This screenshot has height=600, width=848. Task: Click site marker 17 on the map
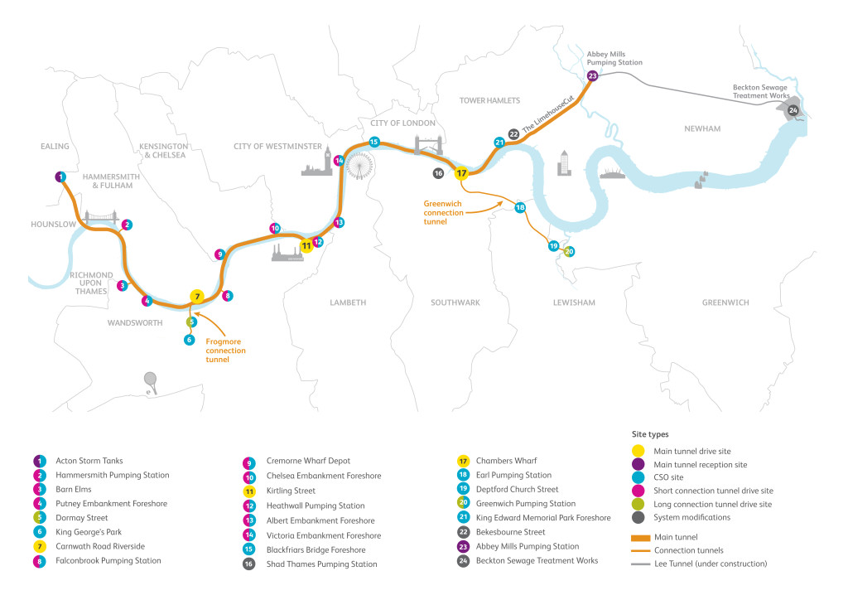coord(462,173)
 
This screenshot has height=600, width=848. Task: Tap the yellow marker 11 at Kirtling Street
coord(306,244)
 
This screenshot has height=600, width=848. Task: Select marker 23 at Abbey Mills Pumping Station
coord(592,75)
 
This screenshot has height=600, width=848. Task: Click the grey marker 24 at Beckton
coord(793,110)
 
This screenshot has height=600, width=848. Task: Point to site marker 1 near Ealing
coord(60,177)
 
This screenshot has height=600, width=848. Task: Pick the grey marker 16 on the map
coord(438,173)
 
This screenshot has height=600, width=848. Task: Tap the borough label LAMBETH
coord(347,302)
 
